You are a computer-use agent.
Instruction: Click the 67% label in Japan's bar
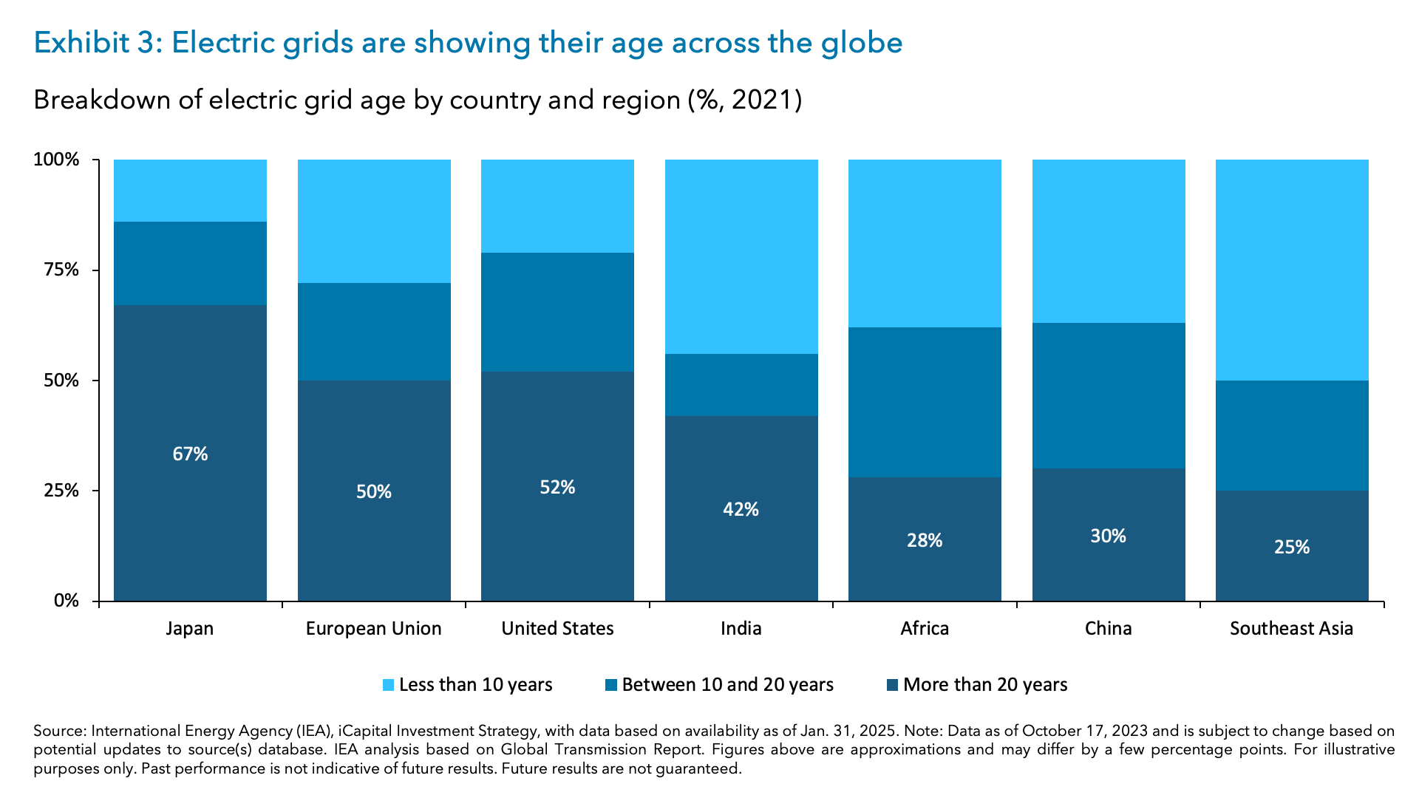(x=190, y=454)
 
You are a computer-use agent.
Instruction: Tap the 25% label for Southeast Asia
(x=1291, y=547)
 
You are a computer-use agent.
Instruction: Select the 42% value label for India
(x=741, y=509)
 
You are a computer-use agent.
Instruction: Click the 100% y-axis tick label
(x=56, y=160)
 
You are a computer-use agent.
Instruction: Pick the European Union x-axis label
(x=373, y=628)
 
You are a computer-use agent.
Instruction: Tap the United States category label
(x=557, y=628)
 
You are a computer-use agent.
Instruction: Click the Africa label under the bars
(x=924, y=628)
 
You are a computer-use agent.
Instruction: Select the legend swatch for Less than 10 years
(x=389, y=685)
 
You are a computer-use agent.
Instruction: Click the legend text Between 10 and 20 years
(x=727, y=685)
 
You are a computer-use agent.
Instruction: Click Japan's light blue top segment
(x=190, y=190)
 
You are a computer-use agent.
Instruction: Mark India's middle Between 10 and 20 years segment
(x=741, y=384)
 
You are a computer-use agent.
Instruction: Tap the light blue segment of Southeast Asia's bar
(x=1291, y=270)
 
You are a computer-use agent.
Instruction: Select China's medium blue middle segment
(x=1108, y=395)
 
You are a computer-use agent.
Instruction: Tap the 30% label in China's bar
(x=1108, y=536)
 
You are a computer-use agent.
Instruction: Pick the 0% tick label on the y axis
(x=66, y=601)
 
